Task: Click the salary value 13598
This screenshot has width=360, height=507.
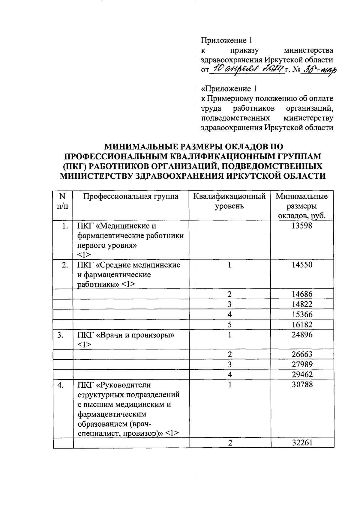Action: (302, 226)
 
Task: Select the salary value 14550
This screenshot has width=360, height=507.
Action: (302, 265)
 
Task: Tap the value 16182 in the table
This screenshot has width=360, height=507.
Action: (302, 325)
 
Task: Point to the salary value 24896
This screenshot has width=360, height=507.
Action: (302, 335)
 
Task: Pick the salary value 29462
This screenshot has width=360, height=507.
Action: (302, 374)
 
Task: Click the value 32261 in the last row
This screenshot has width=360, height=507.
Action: (302, 443)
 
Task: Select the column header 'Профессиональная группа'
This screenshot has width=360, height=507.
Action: (130, 196)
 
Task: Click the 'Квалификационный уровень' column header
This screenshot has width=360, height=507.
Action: (229, 201)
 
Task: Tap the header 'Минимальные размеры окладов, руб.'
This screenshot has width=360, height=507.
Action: (302, 206)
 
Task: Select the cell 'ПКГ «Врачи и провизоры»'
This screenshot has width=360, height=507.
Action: (126, 335)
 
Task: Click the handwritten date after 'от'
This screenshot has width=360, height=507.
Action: (246, 70)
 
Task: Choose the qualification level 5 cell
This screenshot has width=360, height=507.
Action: (229, 325)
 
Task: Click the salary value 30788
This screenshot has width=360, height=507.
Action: (302, 385)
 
